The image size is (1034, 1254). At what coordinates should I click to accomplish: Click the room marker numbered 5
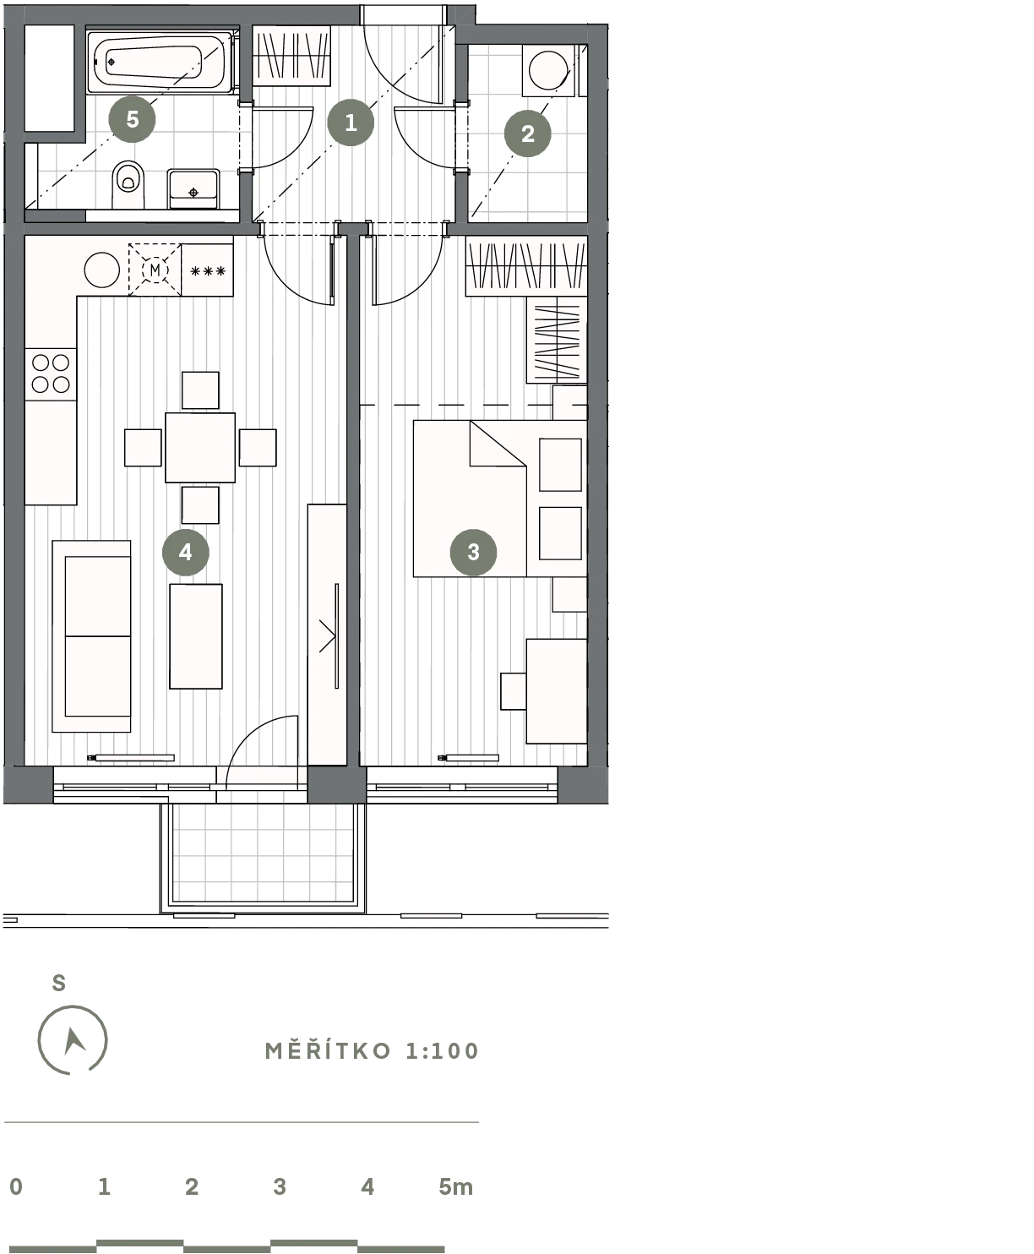click(132, 119)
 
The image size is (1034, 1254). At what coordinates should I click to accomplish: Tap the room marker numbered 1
click(351, 123)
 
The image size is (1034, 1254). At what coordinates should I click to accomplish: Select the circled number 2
click(527, 134)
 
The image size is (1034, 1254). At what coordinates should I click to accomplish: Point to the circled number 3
click(473, 552)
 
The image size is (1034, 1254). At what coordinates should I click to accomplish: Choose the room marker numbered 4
click(186, 552)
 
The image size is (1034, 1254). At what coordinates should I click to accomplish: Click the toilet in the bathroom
click(128, 183)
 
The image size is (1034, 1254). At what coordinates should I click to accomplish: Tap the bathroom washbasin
click(193, 188)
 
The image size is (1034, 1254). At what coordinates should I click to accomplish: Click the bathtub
click(159, 63)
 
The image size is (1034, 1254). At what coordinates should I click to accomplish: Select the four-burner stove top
click(51, 374)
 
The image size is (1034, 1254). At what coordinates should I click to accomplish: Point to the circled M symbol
click(155, 270)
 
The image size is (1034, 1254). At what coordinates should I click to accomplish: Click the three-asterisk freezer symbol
click(208, 271)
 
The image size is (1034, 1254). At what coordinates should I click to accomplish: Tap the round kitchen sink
click(102, 270)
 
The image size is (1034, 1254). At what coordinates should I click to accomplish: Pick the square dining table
click(200, 447)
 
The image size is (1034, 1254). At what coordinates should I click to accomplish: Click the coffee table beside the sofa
click(196, 636)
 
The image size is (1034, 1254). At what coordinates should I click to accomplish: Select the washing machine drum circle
click(548, 69)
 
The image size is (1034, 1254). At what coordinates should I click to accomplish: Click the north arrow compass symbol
click(73, 1039)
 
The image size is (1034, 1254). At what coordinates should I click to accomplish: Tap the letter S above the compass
click(59, 983)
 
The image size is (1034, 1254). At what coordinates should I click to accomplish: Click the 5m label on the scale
click(455, 1187)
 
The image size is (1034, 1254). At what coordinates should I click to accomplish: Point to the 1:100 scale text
click(443, 1051)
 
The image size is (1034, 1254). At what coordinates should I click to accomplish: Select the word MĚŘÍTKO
click(328, 1050)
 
